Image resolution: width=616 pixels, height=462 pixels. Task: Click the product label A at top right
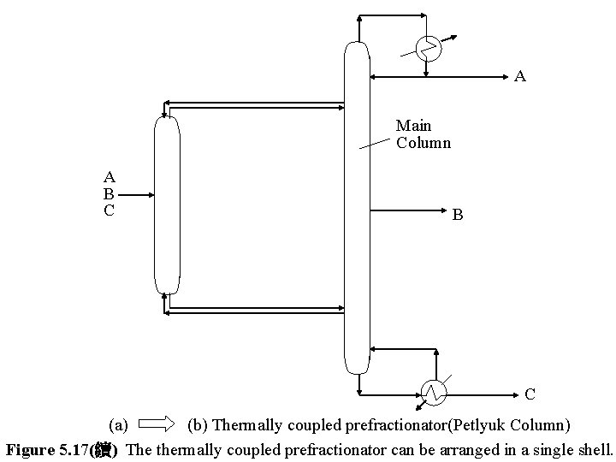(520, 77)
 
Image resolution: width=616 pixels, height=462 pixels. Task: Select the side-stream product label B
(458, 216)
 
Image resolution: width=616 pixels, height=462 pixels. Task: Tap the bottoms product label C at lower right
(530, 394)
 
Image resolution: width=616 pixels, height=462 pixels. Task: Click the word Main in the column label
(413, 127)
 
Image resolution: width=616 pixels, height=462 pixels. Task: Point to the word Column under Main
(423, 143)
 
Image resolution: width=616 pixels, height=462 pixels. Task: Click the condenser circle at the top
(428, 49)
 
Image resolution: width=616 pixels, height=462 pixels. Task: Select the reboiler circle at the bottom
(434, 392)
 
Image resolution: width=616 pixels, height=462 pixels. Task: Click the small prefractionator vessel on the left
(167, 205)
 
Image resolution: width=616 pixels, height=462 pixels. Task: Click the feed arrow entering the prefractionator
(142, 194)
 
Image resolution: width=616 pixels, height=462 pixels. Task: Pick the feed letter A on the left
(109, 178)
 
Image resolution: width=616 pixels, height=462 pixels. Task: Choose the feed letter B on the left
(109, 193)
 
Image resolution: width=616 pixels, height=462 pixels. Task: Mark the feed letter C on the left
(109, 210)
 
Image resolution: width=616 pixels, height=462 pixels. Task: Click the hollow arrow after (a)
(156, 423)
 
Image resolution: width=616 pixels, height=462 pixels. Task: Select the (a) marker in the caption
(118, 424)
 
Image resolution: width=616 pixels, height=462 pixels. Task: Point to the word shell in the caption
(594, 448)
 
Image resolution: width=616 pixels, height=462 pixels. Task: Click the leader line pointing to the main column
(376, 141)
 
